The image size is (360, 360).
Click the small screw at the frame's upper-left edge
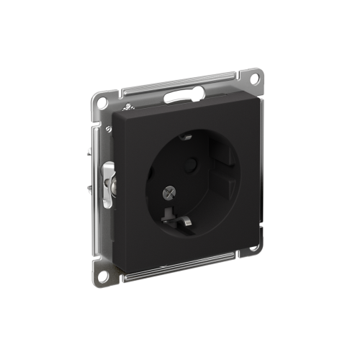pyautogui.click(x=108, y=130)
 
